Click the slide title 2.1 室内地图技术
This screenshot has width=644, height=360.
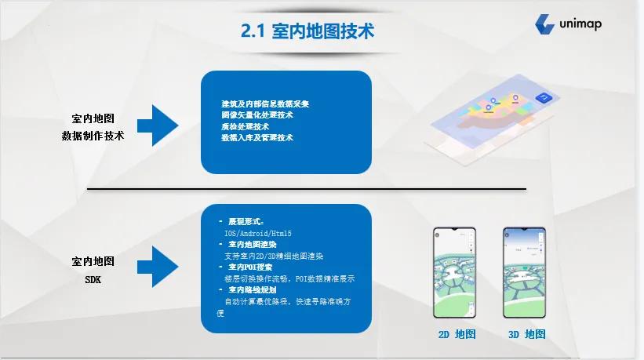tap(307, 32)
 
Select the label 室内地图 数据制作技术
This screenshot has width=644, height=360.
tap(93, 126)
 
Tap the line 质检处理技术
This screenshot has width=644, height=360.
tap(245, 126)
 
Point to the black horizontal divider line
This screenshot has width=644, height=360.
tap(306, 188)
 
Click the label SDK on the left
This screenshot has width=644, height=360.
tap(93, 279)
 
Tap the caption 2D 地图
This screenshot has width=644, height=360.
tap(457, 334)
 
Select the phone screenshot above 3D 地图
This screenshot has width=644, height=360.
tap(525, 272)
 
